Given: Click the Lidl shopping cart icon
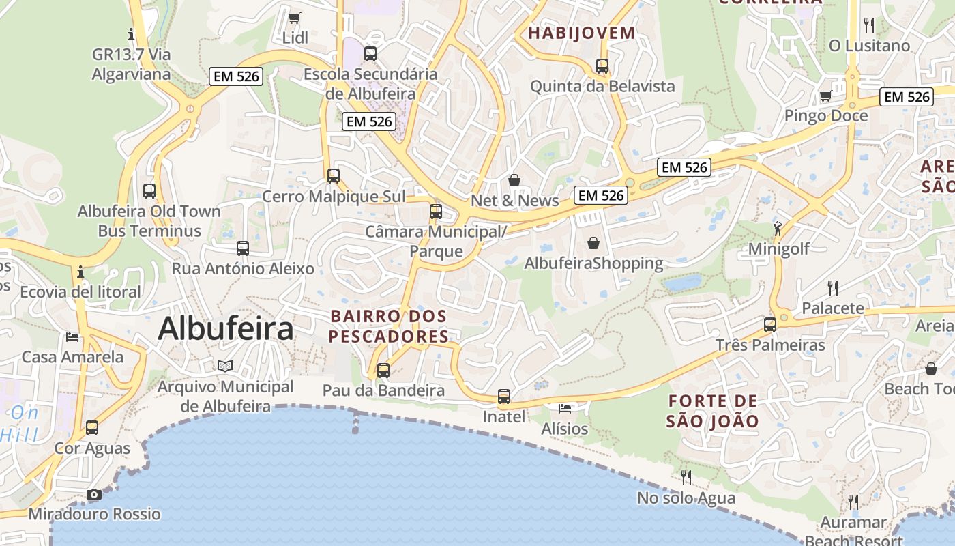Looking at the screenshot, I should click(294, 18).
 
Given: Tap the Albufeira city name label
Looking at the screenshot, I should click(226, 329).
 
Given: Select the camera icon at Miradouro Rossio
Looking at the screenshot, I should click(94, 494).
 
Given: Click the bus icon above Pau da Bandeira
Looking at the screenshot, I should click(383, 371).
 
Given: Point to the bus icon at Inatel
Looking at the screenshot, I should click(504, 397).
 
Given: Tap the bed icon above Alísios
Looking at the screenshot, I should click(565, 408).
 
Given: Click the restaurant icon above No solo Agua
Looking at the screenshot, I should click(686, 477).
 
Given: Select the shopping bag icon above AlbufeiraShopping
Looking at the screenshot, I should click(593, 243).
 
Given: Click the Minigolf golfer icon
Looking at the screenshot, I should click(778, 229).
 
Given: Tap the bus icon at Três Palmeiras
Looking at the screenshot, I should click(770, 325).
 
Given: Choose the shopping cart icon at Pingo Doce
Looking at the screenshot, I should click(825, 96).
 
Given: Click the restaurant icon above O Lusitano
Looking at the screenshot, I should click(869, 25).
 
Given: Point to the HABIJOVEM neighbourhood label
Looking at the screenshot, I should click(582, 33).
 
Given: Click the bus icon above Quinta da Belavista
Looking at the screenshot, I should click(602, 66).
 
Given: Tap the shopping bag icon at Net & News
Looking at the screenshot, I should click(514, 180).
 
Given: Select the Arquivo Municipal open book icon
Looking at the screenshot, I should click(225, 367).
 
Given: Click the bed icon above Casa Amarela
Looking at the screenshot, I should click(72, 336).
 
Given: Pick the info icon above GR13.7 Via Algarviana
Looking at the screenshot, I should click(131, 33).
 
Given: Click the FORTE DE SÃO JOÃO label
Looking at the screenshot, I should click(713, 411).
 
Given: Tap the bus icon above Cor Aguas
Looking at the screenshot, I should click(92, 428).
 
